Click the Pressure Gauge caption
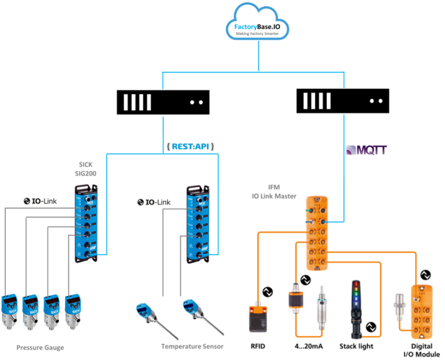pyautogui.click(x=40, y=347)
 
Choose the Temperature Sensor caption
pyautogui.click(x=192, y=346)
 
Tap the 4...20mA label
pyautogui.click(x=306, y=346)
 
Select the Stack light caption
pyautogui.click(x=356, y=346)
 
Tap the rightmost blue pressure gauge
pyautogui.click(x=73, y=311)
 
